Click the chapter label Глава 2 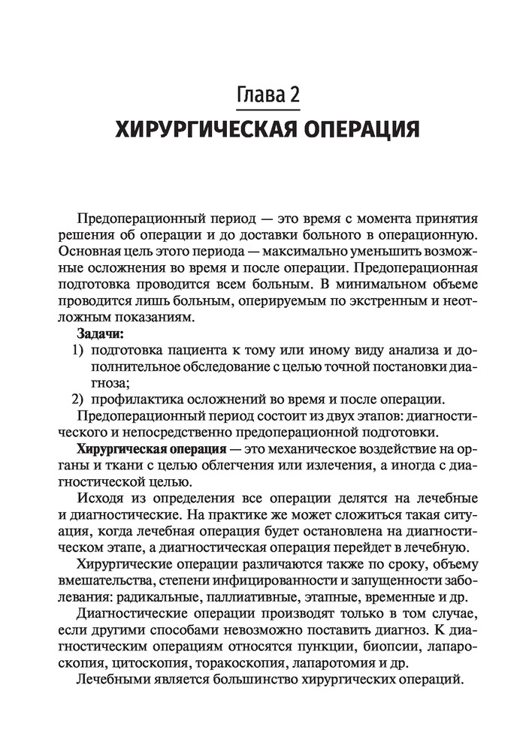pyautogui.click(x=268, y=95)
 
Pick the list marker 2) pyautogui.click(x=79, y=399)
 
